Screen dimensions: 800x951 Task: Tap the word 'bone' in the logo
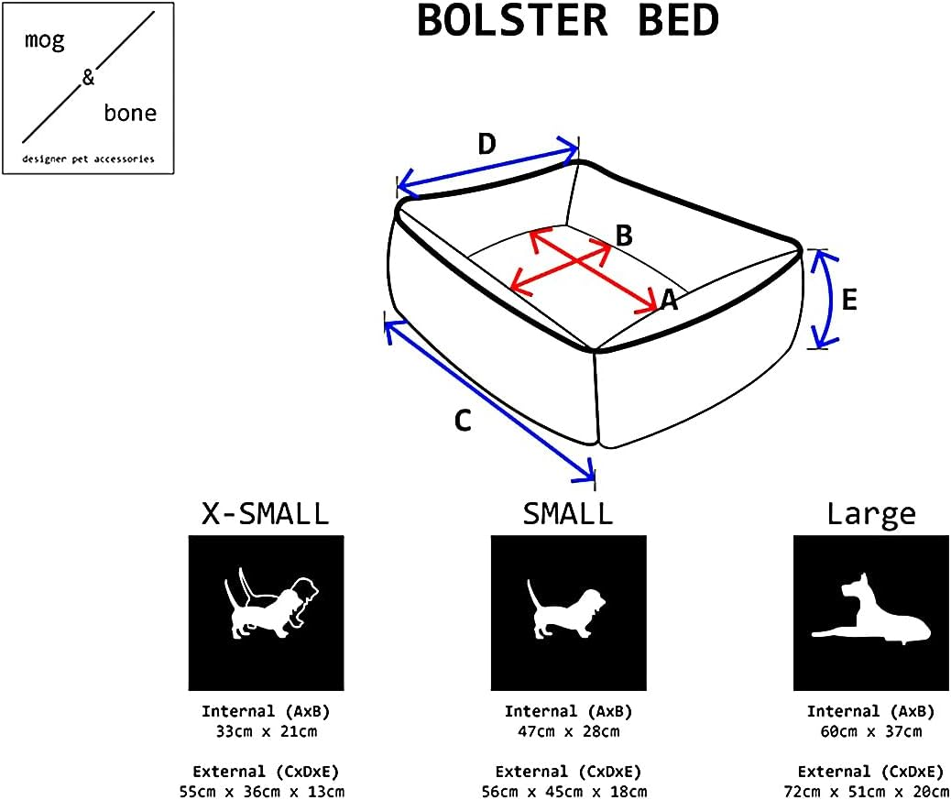(129, 113)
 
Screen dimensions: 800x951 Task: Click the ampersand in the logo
(88, 78)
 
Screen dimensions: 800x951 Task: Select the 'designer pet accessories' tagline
(88, 159)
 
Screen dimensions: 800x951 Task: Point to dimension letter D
(487, 144)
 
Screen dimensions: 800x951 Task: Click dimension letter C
(464, 421)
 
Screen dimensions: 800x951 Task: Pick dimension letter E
(848, 300)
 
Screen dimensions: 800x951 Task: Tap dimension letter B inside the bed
(624, 236)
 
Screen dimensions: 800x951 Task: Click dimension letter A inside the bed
(669, 300)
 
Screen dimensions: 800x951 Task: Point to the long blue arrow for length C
(489, 399)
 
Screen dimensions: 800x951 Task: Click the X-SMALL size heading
(265, 514)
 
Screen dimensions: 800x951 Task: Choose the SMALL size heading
(568, 514)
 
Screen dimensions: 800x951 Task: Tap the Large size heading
(870, 514)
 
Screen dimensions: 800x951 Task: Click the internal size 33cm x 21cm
(265, 731)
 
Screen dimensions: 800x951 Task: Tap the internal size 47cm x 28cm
(568, 731)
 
